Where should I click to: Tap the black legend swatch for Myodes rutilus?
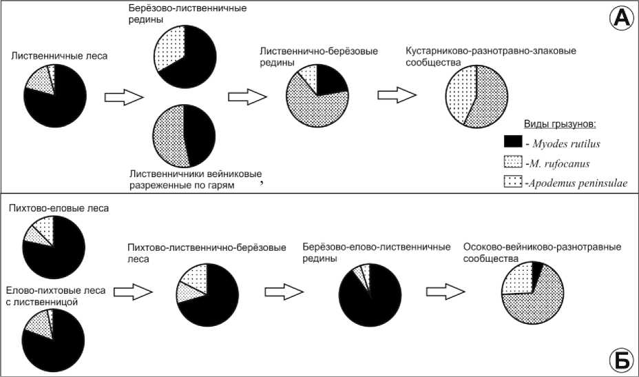click(x=514, y=142)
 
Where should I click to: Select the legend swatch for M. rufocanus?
click(x=514, y=163)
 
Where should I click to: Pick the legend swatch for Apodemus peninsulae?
click(x=514, y=183)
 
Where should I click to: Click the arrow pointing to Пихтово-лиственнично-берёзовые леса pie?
click(x=132, y=293)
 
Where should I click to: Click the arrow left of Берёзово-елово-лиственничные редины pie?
click(x=286, y=292)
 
